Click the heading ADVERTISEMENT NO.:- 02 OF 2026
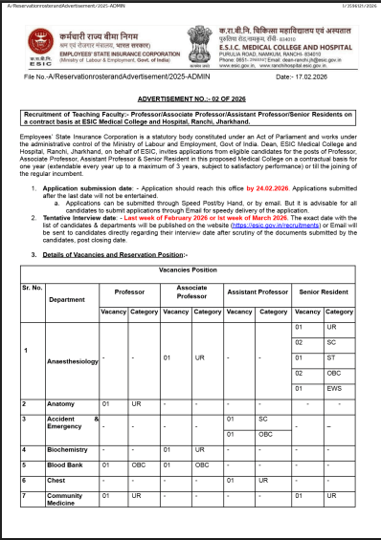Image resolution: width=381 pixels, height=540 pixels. point(190,98)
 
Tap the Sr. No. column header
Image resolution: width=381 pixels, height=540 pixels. point(33,287)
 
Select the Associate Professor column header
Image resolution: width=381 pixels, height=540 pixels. point(191,292)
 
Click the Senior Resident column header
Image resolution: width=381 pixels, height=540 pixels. point(323,291)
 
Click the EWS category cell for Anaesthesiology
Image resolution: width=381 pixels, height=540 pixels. point(331,389)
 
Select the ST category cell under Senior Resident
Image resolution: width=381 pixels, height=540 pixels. point(331,356)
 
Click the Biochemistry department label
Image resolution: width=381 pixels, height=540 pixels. point(69,448)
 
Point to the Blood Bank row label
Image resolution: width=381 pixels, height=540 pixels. point(66,464)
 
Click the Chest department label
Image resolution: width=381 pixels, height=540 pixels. point(57,480)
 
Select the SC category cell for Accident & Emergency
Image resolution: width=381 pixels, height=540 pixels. point(262,419)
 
